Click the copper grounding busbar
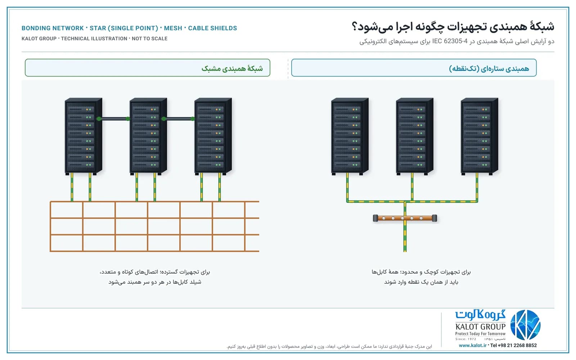[x=405, y=218]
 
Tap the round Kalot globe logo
[x=525, y=325]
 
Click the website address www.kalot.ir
[x=473, y=345]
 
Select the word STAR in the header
[x=98, y=28]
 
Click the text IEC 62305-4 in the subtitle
[x=450, y=41]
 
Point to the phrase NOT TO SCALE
[x=149, y=39]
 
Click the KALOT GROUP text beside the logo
[x=480, y=327]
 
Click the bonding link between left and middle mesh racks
[x=113, y=119]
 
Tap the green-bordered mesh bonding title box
[x=148, y=68]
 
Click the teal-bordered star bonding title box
[x=414, y=68]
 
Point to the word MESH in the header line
[x=173, y=28]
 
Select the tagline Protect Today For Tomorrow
[x=480, y=334]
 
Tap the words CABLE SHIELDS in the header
[x=212, y=28]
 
